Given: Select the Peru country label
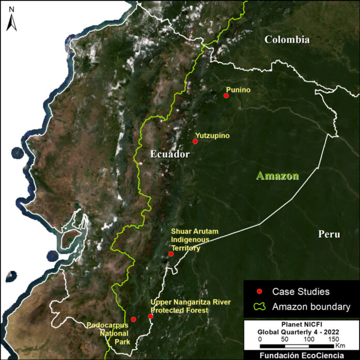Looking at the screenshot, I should coord(329,234).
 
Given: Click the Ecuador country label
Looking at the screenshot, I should coord(171,154).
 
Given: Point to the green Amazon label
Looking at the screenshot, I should coord(278,176).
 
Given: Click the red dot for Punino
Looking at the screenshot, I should coord(226,96).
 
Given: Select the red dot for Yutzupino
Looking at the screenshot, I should coord(195,141).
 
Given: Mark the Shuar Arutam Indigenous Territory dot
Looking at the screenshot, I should coord(171,254).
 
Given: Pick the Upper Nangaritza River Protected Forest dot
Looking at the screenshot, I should coord(151,316).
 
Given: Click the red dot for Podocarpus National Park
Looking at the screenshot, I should coord(133,319).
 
